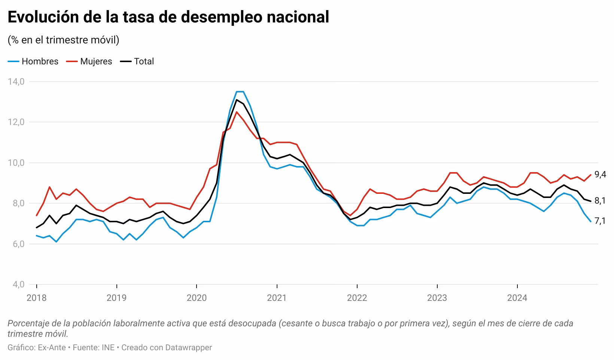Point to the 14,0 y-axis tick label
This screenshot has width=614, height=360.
16,81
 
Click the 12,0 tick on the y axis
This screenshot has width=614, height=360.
16,122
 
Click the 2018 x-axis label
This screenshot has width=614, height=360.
37,298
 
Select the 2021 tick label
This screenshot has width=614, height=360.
277,298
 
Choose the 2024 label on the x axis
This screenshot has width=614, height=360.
517,298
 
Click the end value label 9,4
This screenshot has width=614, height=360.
600,174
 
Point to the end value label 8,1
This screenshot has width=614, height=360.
600,201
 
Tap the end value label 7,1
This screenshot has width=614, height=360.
600,221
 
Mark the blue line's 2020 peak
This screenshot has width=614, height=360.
240,92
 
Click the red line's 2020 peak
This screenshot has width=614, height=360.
236,112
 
